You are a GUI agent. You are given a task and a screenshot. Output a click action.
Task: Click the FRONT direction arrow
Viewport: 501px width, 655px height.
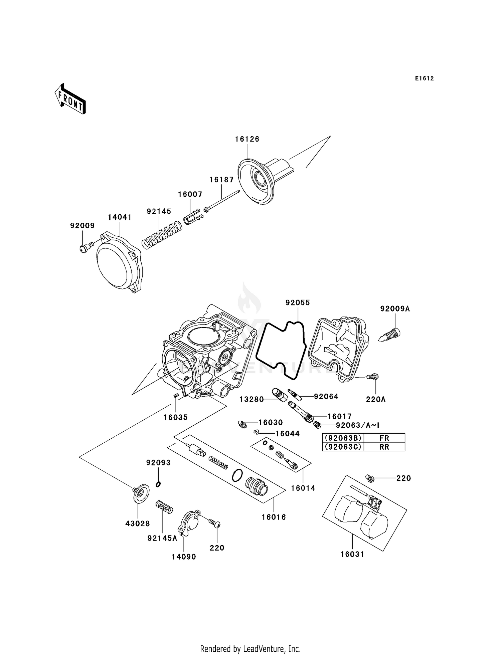point(70,99)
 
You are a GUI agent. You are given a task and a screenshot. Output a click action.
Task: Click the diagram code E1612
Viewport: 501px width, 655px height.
point(424,78)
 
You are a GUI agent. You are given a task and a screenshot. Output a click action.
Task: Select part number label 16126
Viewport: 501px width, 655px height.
point(247,139)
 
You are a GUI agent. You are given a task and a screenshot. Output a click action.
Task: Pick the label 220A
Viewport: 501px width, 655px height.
point(375,399)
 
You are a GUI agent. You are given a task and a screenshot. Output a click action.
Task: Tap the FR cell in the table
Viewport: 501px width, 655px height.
point(384,438)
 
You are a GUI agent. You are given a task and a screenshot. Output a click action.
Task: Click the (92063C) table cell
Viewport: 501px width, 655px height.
point(343,447)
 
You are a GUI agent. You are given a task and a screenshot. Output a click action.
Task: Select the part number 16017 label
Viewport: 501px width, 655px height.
point(339,416)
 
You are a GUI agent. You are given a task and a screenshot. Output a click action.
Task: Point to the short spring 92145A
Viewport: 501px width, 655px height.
point(164,507)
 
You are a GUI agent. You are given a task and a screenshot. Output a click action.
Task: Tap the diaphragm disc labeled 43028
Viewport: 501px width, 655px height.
point(141,494)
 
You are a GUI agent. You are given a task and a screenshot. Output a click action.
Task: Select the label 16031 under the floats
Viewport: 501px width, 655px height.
point(352,554)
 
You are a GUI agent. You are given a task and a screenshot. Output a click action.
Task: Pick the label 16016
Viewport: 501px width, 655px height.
point(274,517)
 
